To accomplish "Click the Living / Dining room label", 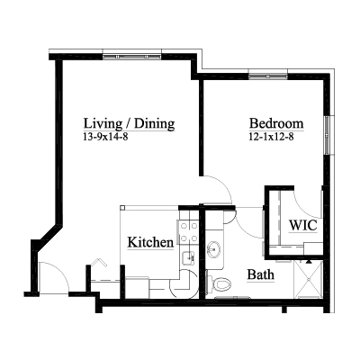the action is coord(129,123).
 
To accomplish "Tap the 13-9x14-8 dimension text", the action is coord(105,137).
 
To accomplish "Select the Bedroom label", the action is coord(276,123).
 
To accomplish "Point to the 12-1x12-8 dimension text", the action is coord(271,137).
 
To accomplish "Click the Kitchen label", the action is coord(150,242).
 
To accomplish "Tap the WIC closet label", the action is coord(302,225).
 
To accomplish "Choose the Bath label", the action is coord(261,274).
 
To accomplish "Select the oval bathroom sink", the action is coord(213,249).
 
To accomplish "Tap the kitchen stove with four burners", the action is coord(188,232).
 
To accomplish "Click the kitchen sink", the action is coord(189,258).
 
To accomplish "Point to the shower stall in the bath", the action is coord(308,280).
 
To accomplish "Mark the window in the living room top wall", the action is coord(132,56).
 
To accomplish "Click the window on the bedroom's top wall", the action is coord(268,76).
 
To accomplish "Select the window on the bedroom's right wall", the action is coord(327,135).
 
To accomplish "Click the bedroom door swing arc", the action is coord(223,185).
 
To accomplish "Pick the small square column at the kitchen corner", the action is coord(122,208).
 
